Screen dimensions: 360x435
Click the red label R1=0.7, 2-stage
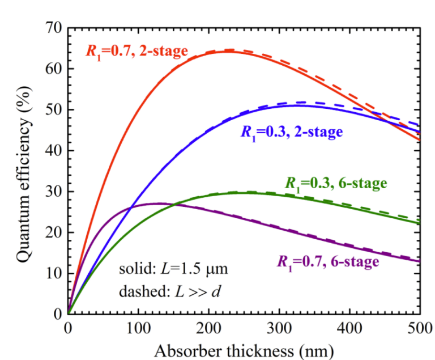[137, 51]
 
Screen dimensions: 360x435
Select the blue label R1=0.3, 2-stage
[292, 132]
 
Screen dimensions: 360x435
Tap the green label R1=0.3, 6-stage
[335, 183]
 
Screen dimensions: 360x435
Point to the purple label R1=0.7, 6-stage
[327, 261]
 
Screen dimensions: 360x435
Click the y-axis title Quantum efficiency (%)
[23, 170]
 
